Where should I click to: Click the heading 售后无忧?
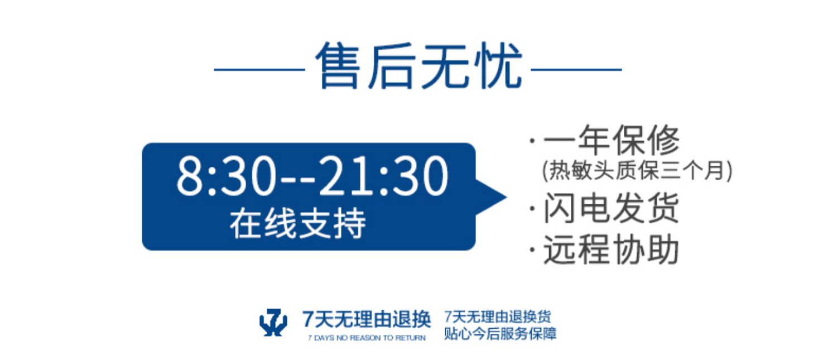pyautogui.click(x=419, y=66)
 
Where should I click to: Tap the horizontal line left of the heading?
pyautogui.click(x=259, y=70)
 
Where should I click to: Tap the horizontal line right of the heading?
pyautogui.click(x=576, y=70)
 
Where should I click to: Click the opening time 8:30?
pyautogui.click(x=227, y=176)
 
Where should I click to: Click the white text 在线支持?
pyautogui.click(x=298, y=224)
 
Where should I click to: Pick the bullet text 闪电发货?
pyautogui.click(x=612, y=208)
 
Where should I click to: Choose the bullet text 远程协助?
pyautogui.click(x=612, y=249)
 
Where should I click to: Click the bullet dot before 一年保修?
pyautogui.click(x=532, y=141)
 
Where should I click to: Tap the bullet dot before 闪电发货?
pyautogui.click(x=532, y=209)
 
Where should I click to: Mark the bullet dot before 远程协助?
pyautogui.click(x=532, y=250)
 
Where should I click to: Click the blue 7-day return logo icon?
pyautogui.click(x=273, y=322)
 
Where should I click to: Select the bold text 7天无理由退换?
pyautogui.click(x=367, y=319)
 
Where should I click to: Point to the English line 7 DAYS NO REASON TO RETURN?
pyautogui.click(x=367, y=338)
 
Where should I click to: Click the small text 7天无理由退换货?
pyautogui.click(x=497, y=316)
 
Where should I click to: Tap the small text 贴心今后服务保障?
pyautogui.click(x=500, y=333)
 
